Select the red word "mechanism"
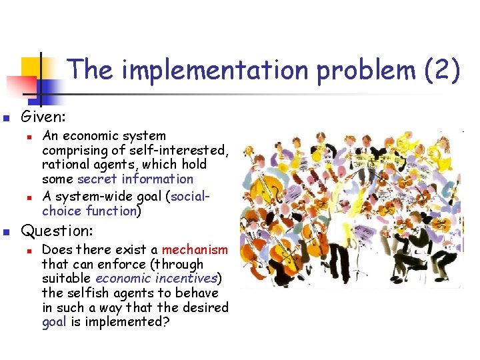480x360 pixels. pos(195,249)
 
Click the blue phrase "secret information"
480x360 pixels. pos(135,179)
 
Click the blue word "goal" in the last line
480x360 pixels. pos(53,323)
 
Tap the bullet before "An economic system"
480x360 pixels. pos(28,136)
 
